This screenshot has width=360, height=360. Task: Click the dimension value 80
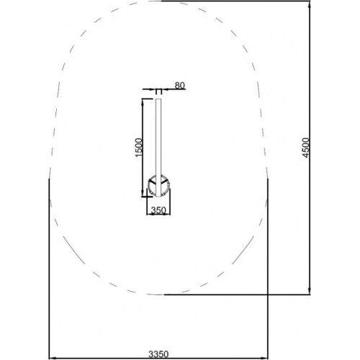point(180,85)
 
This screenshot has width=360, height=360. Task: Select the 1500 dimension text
point(139,148)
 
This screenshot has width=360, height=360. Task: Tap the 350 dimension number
point(158,210)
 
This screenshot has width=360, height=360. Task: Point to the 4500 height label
point(305,148)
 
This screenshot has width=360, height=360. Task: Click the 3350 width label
point(158,354)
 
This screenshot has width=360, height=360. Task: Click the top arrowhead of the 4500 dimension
point(310,4)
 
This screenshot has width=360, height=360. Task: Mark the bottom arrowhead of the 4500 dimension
point(310,291)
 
